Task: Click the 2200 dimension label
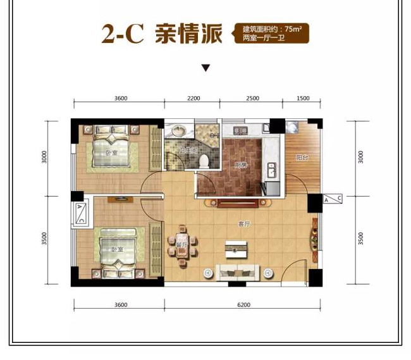point(193,98)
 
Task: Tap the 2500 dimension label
point(252,98)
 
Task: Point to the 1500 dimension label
point(303,98)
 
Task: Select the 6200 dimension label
point(244,304)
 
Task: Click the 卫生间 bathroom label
point(187,150)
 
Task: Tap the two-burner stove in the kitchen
point(240,131)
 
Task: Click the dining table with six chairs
point(181,244)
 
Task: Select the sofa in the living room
point(239,272)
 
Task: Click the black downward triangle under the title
point(205,68)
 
